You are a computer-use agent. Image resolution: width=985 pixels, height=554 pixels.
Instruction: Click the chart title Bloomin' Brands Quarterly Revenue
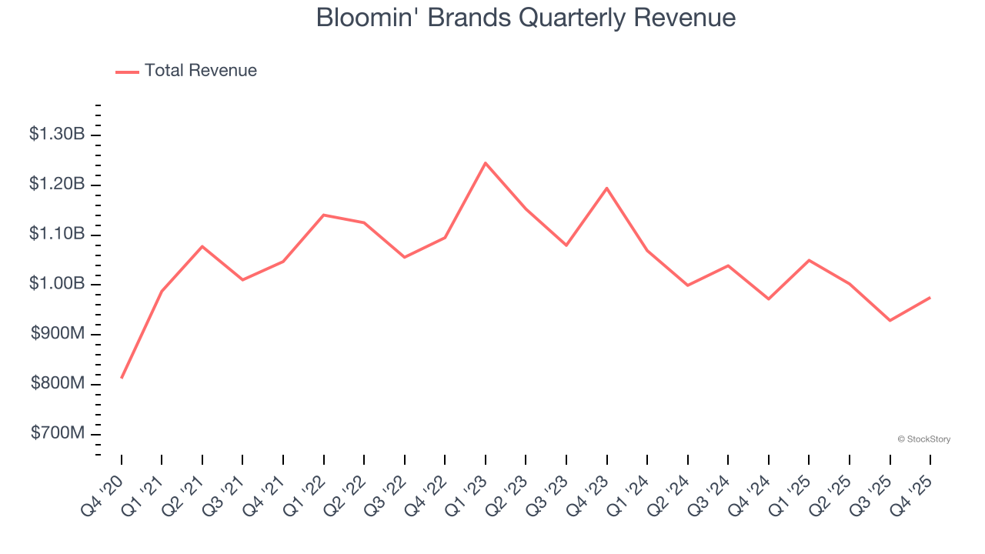click(526, 18)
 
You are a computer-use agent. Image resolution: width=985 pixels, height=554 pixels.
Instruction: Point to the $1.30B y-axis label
click(57, 135)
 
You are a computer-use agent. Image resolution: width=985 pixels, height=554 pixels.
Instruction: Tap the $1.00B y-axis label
click(57, 285)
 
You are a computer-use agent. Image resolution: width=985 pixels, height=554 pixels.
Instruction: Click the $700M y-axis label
click(58, 434)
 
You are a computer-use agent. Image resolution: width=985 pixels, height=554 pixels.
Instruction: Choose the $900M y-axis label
click(58, 335)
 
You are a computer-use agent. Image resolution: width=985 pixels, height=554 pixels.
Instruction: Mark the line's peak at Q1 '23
click(486, 163)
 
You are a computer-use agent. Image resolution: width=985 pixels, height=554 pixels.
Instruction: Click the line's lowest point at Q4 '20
click(122, 378)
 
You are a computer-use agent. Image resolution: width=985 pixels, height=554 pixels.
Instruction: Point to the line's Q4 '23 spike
click(607, 188)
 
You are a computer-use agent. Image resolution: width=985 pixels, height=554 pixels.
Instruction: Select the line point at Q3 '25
click(890, 320)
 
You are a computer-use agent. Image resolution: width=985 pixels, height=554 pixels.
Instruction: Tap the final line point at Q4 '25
click(930, 298)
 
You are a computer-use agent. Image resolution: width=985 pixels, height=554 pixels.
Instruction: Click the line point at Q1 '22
click(324, 215)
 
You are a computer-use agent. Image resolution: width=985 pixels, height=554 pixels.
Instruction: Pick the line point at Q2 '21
click(202, 246)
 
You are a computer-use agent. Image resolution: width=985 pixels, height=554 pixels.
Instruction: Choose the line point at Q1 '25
click(809, 260)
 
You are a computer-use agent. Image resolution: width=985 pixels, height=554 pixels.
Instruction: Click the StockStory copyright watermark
click(923, 439)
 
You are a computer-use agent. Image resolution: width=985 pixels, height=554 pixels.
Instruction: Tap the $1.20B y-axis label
click(57, 185)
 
